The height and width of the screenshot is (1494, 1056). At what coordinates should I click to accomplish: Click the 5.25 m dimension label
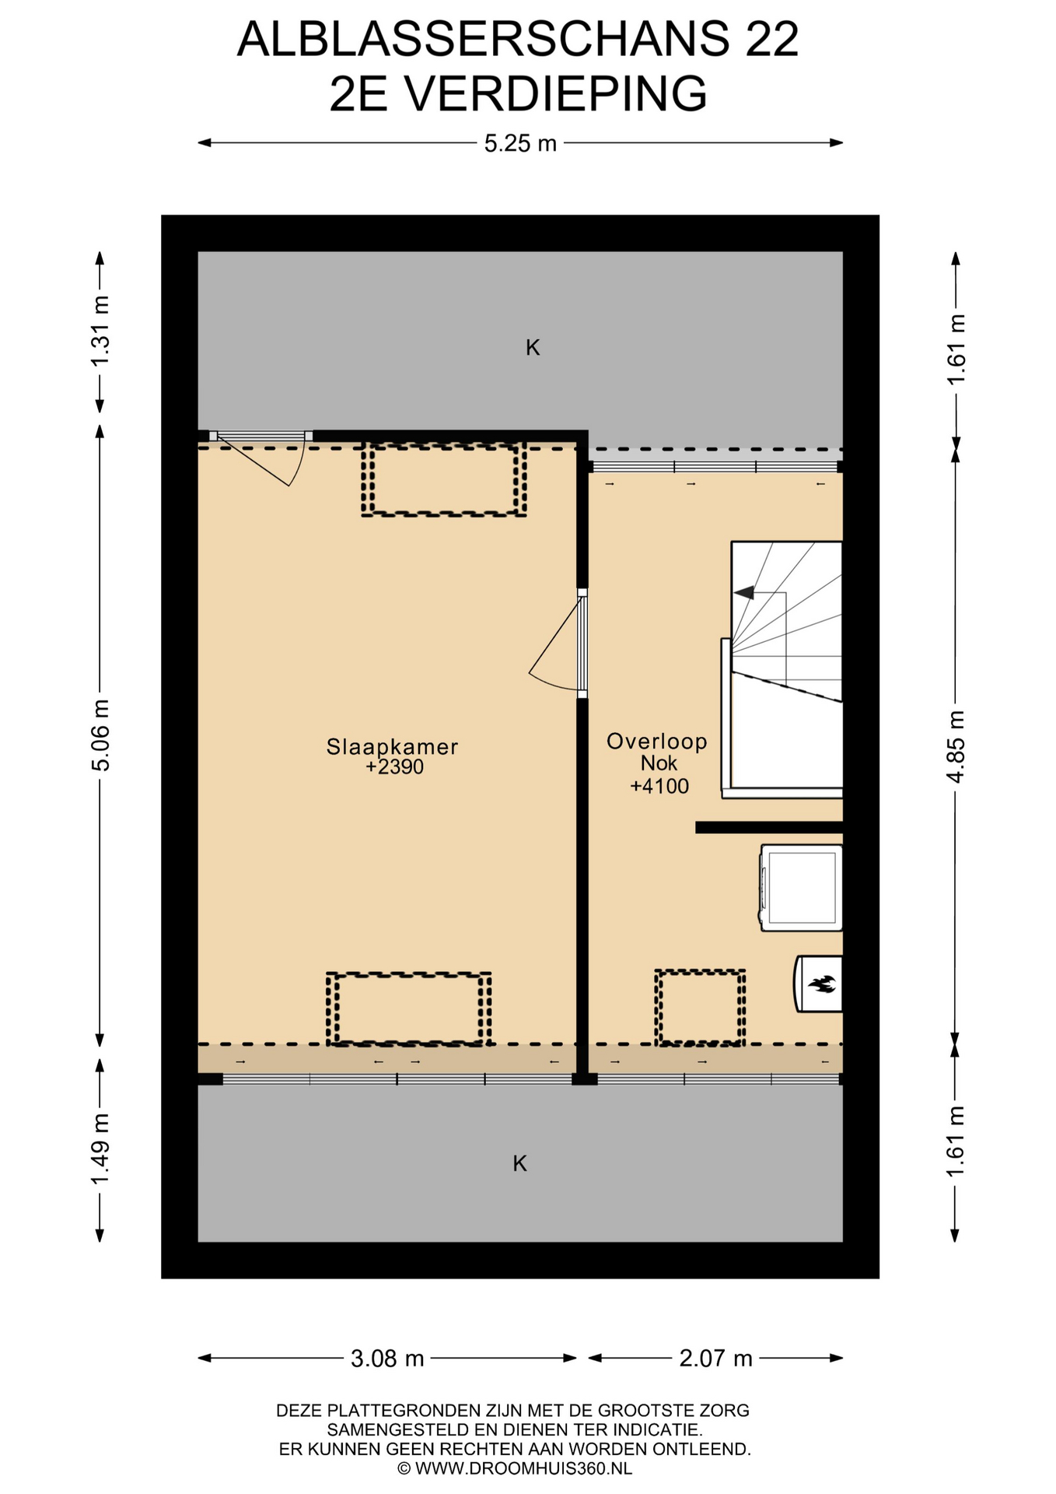point(520,143)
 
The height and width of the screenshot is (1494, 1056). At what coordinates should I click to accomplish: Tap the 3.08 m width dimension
point(387,1359)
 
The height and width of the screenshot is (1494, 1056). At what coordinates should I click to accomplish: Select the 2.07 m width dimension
point(715,1359)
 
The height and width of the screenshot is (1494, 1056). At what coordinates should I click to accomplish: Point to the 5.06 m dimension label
point(100,735)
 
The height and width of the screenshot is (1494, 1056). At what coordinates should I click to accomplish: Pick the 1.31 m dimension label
point(100,331)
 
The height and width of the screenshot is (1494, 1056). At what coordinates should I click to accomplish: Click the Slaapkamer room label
point(392,747)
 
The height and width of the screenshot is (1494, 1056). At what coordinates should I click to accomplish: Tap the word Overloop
point(657,741)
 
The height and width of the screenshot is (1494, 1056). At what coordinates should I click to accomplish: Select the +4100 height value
point(659,786)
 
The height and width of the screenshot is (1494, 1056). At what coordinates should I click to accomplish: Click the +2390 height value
point(395,767)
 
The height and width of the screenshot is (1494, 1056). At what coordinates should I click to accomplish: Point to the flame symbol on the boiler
point(822,984)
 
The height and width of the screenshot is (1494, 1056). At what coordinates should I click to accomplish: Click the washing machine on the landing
point(801,888)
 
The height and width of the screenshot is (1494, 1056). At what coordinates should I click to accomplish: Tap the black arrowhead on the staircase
point(744,593)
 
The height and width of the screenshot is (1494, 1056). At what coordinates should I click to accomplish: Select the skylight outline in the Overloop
point(700,1007)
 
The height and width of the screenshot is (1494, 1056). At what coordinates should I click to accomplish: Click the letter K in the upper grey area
point(533,347)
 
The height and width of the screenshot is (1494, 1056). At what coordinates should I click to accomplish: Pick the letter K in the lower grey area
point(520,1163)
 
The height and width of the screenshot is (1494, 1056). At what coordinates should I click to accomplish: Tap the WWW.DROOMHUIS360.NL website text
point(523,1468)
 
